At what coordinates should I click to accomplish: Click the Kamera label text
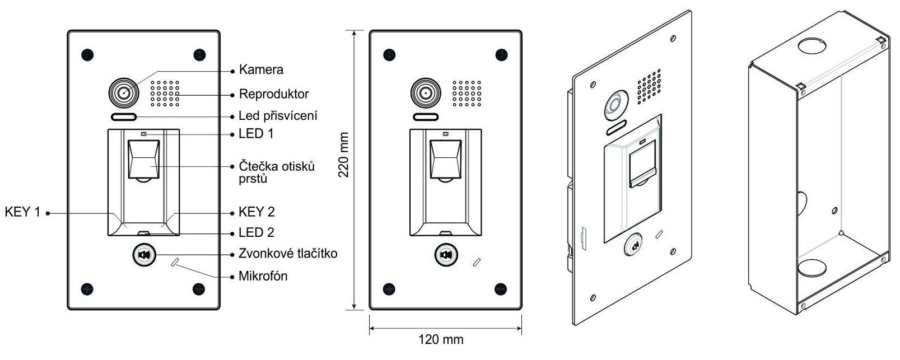260,70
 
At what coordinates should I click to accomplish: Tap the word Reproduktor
273,93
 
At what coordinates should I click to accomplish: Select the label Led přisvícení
278,116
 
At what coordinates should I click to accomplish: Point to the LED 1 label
256,134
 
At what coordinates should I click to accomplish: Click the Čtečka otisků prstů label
276,172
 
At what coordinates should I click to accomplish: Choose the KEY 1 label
22,212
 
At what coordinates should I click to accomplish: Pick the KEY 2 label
257,212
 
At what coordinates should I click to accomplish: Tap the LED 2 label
256,232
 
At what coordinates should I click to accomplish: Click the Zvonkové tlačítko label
288,254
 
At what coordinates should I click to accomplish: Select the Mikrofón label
263,276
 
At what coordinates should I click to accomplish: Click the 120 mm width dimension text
441,339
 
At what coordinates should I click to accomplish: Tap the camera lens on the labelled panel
123,92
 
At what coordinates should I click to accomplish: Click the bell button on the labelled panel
143,255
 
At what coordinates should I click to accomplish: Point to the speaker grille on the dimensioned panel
467,93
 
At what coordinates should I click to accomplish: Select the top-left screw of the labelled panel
86,55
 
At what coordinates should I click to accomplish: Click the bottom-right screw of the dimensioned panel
500,288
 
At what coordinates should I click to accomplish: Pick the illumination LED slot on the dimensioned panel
425,118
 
